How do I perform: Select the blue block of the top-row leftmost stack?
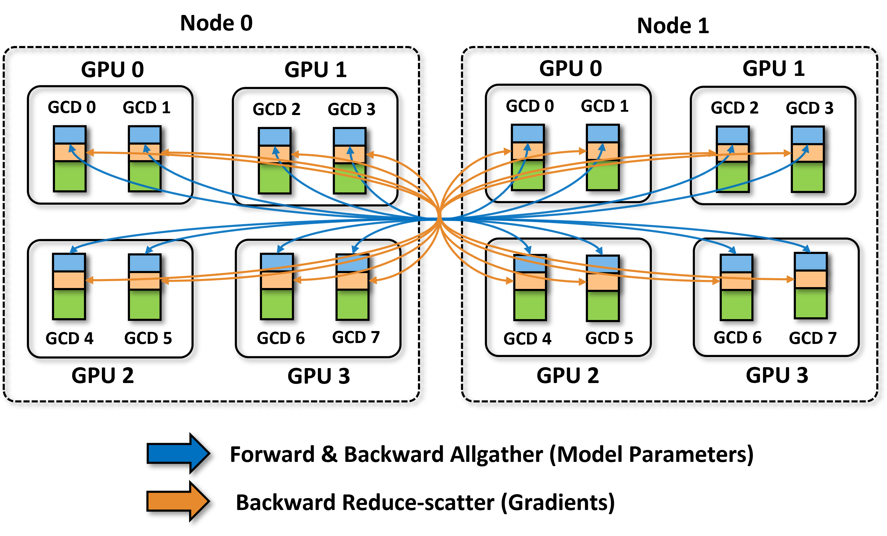70,135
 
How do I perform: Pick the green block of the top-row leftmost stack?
70,176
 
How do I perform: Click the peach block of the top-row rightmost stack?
808,153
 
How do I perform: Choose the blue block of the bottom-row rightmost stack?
810,262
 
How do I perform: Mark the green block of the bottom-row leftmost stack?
69,304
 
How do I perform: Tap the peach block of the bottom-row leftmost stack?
69,280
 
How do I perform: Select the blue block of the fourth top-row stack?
349,137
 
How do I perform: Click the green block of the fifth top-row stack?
527,176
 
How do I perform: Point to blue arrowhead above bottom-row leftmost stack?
73,249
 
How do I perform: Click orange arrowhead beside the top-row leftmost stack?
90,153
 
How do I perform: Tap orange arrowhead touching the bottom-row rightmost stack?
791,279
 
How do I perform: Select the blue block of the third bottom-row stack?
276,262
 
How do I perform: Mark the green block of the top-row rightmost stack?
808,177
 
